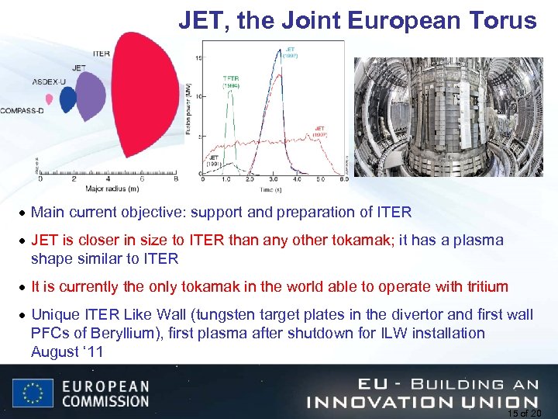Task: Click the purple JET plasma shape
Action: tap(91, 99)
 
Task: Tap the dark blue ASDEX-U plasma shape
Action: tap(68, 99)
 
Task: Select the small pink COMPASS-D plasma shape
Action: tap(50, 99)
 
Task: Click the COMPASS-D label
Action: tap(22, 111)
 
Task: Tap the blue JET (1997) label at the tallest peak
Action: tap(290, 53)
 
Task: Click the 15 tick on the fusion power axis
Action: tap(198, 58)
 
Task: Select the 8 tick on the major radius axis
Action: tap(177, 179)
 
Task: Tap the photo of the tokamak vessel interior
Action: tap(449, 116)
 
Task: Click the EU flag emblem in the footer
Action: tap(33, 393)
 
